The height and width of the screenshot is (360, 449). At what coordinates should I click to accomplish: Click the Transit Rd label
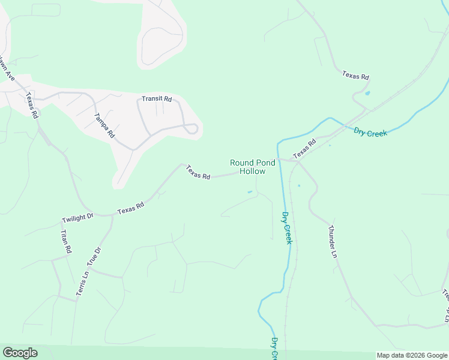[x=157, y=98]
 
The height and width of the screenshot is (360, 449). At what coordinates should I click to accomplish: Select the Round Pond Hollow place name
[x=253, y=167]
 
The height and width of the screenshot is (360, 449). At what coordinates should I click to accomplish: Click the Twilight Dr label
[x=78, y=217]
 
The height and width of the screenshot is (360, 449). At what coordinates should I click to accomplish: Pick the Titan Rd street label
[x=65, y=241]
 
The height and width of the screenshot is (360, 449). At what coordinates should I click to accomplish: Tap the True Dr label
[x=92, y=256]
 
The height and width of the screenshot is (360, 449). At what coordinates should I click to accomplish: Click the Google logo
[x=20, y=353]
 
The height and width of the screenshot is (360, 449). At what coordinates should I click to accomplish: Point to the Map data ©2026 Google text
[x=412, y=355]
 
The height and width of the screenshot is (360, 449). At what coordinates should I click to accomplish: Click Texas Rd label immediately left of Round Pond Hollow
[x=198, y=173]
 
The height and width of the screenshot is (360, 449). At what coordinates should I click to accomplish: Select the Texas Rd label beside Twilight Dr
[x=131, y=208]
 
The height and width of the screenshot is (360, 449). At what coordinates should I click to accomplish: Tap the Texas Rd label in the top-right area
[x=355, y=76]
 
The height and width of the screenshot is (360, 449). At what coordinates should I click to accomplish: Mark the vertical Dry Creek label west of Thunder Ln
[x=287, y=228]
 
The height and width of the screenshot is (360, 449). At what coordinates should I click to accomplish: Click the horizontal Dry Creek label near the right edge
[x=370, y=133]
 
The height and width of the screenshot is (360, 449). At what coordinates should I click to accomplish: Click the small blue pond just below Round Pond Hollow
[x=250, y=192]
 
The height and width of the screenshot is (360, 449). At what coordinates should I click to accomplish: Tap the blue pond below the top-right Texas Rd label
[x=367, y=93]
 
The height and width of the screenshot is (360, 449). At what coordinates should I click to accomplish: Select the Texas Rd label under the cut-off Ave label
[x=32, y=106]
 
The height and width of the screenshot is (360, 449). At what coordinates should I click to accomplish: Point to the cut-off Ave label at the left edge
[x=7, y=71]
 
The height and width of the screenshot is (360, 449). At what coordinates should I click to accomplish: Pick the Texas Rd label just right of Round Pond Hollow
[x=304, y=149]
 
